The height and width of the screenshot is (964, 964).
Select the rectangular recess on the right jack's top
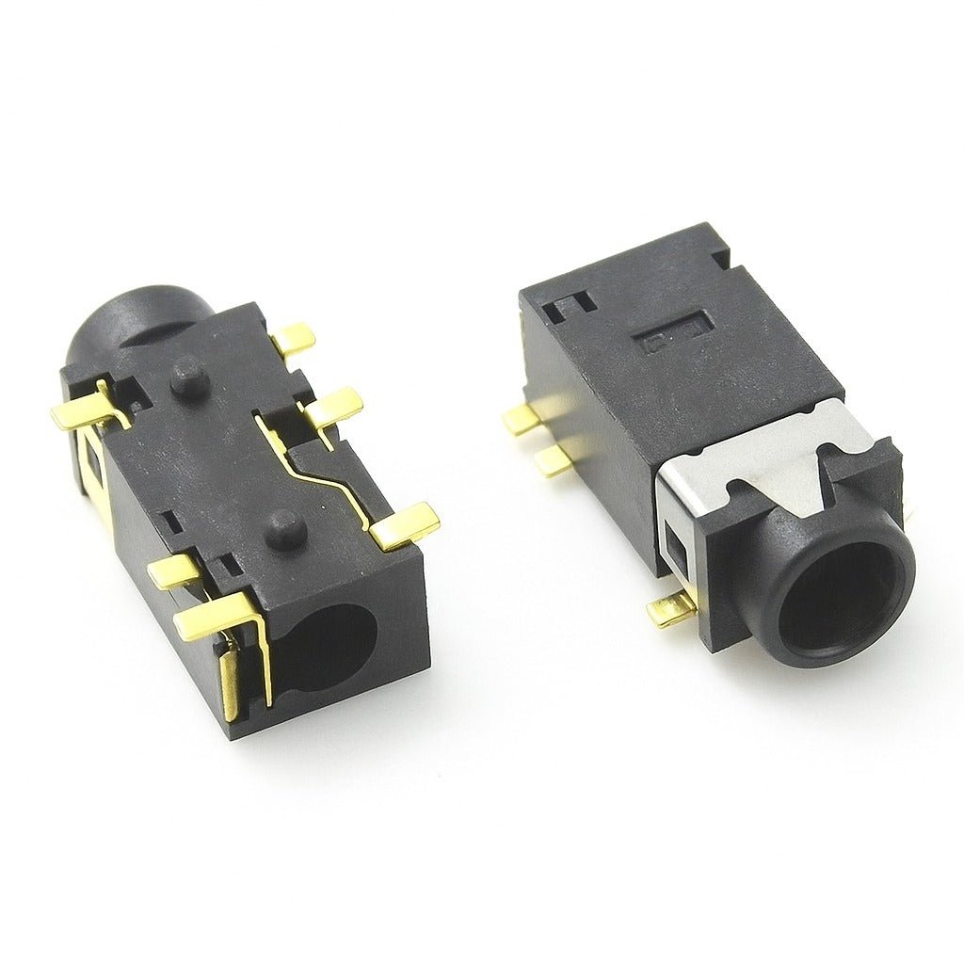674,334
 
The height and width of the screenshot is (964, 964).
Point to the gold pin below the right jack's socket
671,610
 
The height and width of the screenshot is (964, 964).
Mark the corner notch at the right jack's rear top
720,255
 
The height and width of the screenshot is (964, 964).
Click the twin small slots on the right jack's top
570,304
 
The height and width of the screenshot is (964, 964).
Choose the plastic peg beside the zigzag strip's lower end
286,531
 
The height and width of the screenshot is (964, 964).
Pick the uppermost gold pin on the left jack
295,338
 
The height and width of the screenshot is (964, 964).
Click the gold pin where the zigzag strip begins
333,407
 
